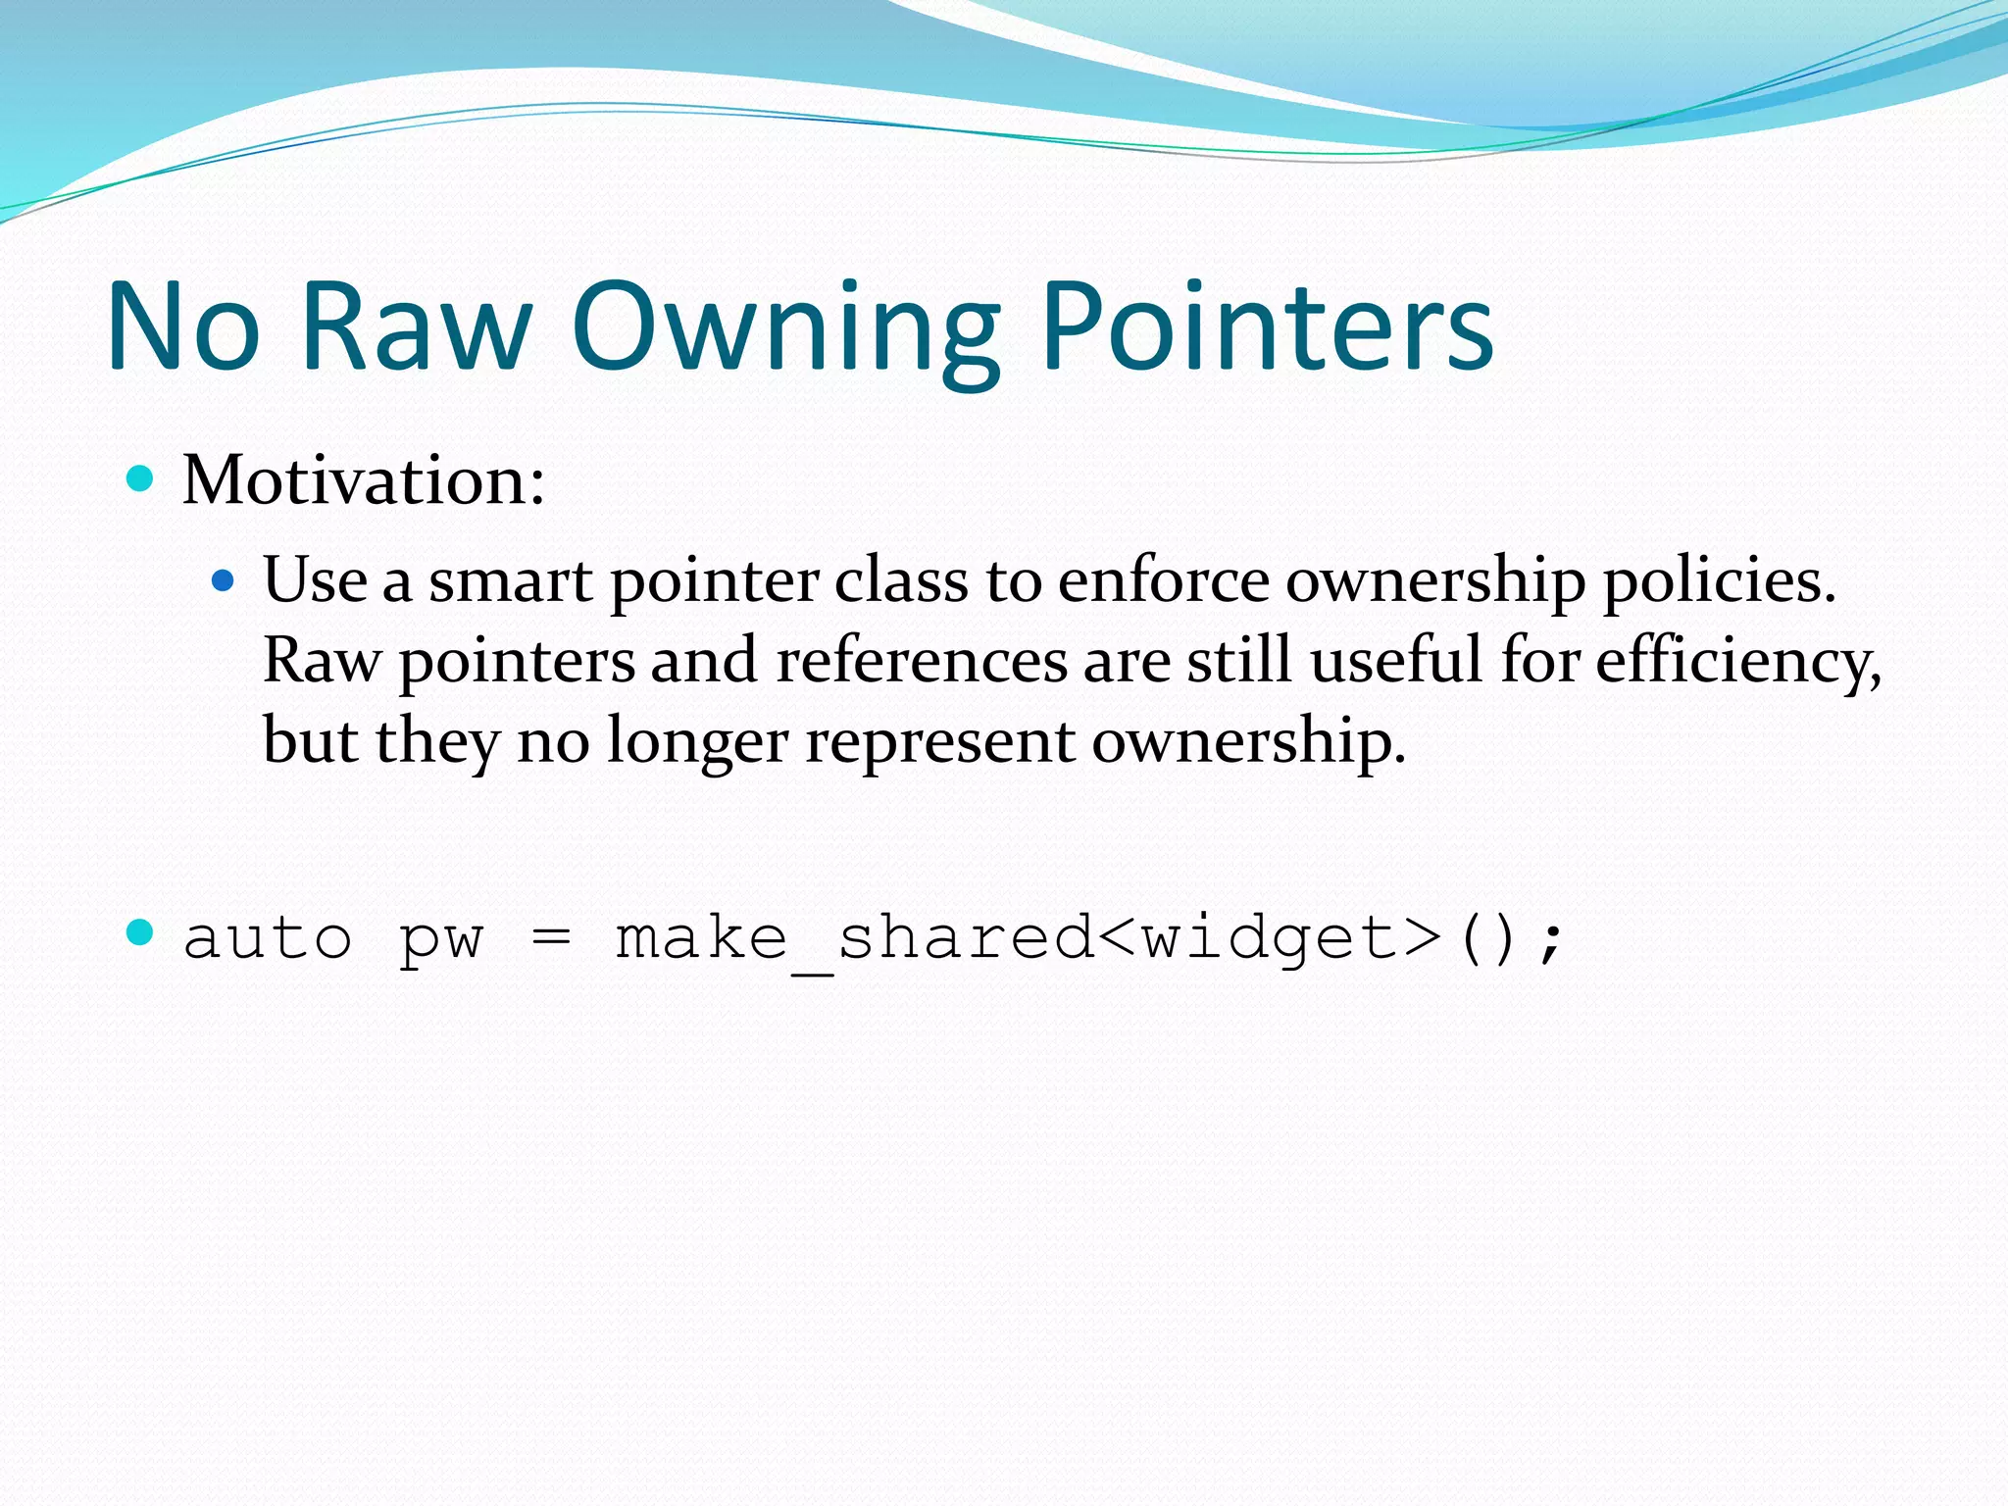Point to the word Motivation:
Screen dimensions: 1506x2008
(364, 480)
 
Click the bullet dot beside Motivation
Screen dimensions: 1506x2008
(141, 478)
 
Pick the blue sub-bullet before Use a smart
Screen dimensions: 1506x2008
(224, 581)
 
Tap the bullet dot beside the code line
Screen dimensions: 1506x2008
(141, 933)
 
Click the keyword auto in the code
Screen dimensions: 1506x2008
(268, 938)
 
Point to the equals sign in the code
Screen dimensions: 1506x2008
(551, 939)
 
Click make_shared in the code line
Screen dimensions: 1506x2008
(853, 938)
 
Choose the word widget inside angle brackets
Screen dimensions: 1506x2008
(1271, 938)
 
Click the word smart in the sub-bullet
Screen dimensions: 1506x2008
(510, 580)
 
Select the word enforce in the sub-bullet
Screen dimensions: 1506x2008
(1163, 580)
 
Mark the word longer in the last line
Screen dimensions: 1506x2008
(697, 742)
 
